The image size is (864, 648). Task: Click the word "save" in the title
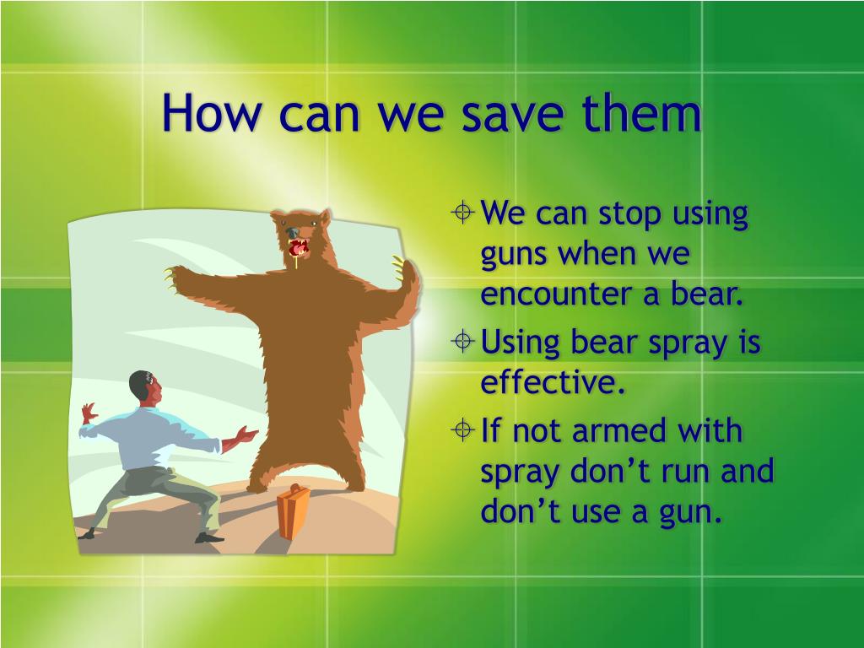(x=512, y=113)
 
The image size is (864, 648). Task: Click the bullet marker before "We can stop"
(x=462, y=212)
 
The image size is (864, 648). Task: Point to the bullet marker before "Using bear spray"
(x=462, y=342)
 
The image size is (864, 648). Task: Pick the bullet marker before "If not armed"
(x=462, y=429)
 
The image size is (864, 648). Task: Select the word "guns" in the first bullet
(x=514, y=256)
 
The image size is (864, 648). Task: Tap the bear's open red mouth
(x=298, y=248)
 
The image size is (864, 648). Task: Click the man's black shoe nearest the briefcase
(x=208, y=537)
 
